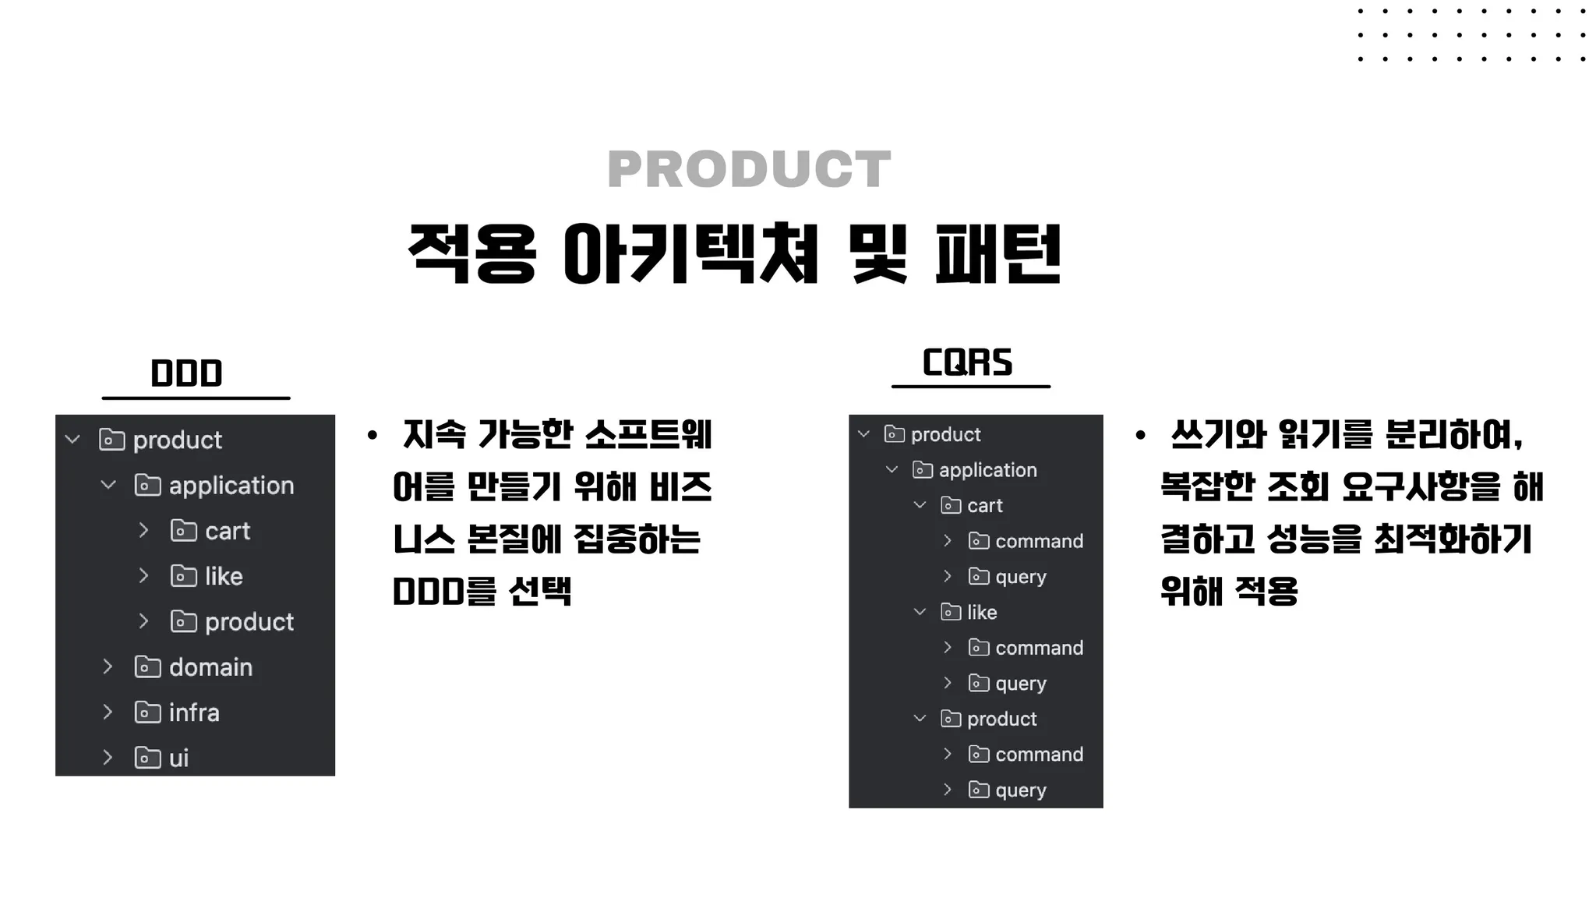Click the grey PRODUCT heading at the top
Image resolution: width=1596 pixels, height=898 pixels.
coord(749,169)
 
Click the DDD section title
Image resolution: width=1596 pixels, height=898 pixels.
coord(186,373)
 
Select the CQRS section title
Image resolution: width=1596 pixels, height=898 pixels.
coord(967,362)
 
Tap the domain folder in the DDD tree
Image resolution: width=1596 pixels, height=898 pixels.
coord(210,667)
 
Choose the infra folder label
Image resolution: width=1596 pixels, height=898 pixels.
coord(194,712)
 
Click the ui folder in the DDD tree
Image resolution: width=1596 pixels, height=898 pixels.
coord(178,758)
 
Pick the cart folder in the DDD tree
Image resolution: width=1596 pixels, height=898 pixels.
coord(227,531)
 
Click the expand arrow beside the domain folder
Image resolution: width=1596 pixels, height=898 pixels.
coord(108,666)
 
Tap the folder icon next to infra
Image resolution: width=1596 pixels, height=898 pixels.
coord(147,712)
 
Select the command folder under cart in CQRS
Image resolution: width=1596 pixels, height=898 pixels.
coord(1039,541)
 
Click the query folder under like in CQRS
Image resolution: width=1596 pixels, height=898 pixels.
coord(1020,684)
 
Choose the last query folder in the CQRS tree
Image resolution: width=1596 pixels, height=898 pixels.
coord(1020,790)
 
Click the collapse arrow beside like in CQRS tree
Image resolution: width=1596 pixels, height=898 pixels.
coord(920,612)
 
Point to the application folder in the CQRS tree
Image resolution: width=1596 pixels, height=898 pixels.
coord(987,470)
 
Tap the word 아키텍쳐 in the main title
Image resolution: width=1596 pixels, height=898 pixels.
coord(690,254)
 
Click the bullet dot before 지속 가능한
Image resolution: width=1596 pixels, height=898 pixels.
coord(373,436)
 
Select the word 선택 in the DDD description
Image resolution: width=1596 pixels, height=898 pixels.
coord(540,592)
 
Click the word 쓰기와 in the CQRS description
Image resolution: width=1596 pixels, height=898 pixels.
coord(1218,435)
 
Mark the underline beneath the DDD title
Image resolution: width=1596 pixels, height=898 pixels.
coord(196,398)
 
